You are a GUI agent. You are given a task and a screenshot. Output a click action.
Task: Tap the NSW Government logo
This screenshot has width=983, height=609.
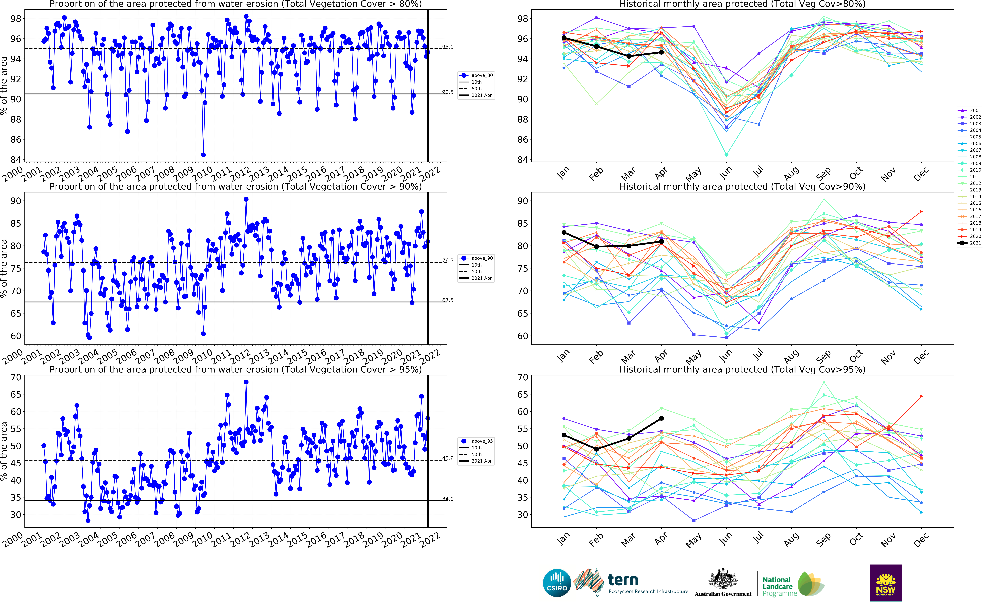886,582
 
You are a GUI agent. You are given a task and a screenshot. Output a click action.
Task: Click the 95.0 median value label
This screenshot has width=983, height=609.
448,47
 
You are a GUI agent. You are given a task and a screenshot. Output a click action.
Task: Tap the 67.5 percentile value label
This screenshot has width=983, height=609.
448,300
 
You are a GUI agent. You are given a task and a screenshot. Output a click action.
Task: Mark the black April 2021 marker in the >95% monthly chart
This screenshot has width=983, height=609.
661,418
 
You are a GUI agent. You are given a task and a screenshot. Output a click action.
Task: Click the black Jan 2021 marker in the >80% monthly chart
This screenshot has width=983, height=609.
564,38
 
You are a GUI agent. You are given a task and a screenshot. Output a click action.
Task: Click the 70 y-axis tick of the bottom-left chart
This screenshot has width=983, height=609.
16,377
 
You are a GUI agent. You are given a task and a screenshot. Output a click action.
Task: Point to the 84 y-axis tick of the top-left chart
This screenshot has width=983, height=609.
16,160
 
